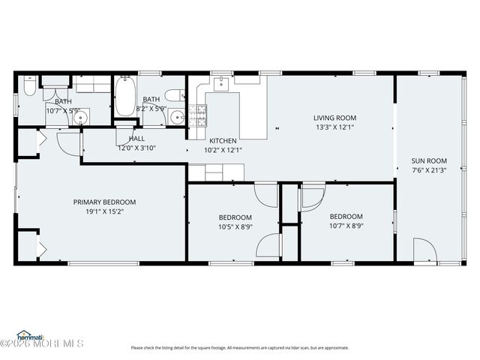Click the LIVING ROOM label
334,118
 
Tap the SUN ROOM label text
428,160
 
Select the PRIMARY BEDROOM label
104,202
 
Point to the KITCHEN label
223,140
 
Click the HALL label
136,139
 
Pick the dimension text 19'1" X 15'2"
104,211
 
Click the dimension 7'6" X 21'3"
428,169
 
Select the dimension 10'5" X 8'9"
235,226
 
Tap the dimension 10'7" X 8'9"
346,226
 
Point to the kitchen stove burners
199,115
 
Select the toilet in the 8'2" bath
174,94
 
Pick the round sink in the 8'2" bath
177,116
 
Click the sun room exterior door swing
424,249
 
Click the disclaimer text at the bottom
240,347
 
